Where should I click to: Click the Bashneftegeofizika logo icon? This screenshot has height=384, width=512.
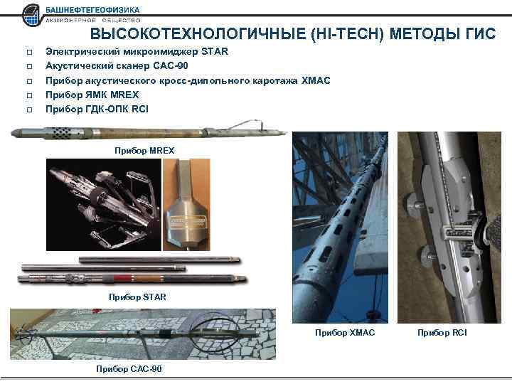pos(32,14)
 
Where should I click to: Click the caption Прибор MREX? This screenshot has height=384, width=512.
pos(144,150)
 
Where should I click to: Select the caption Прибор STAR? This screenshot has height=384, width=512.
pos(137,297)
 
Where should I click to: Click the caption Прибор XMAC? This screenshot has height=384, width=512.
pos(344,333)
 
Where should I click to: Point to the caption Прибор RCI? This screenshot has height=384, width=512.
pos(442,333)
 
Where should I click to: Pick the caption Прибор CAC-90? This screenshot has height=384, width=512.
pos(129,368)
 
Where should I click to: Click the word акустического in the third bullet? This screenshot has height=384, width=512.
pos(127,80)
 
